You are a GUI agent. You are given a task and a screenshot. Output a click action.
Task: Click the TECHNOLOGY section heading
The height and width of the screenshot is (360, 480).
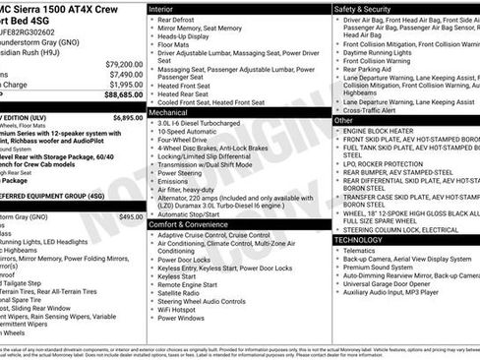(x=359, y=240)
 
